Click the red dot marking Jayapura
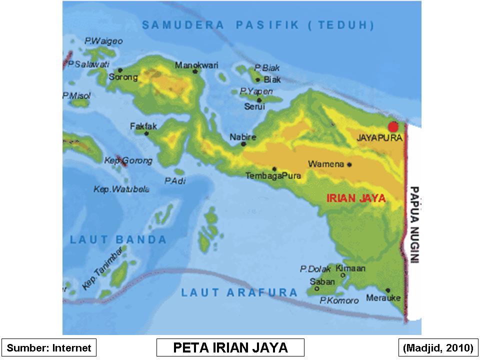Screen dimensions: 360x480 coord(393,126)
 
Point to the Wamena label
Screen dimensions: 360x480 coord(326,164)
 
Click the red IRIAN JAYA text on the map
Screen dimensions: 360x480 coord(356,198)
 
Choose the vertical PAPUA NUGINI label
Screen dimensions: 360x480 coord(414,224)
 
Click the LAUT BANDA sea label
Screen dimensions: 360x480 coord(118,239)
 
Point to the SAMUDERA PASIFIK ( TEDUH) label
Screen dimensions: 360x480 coord(257,25)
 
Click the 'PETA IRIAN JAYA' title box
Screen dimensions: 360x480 coord(230,347)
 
